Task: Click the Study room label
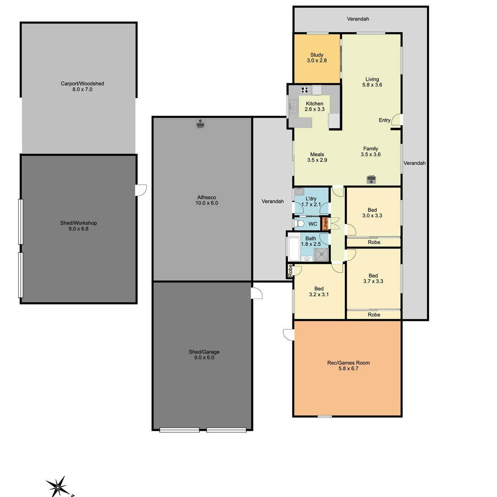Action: point(316,55)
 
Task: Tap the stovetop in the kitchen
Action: point(305,90)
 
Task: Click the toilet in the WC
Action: point(299,223)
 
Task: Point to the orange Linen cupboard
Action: point(325,224)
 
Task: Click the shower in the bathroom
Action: point(321,255)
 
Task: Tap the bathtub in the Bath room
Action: point(294,248)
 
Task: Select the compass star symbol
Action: point(58,487)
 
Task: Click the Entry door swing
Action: point(396,120)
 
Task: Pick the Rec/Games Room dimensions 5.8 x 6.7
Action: point(348,368)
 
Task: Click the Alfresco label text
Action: point(206,197)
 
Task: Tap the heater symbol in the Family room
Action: point(371,179)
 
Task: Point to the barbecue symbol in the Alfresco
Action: point(200,123)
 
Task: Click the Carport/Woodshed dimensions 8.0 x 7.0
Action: point(82,89)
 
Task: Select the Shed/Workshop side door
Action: point(141,190)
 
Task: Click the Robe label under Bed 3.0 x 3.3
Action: point(374,242)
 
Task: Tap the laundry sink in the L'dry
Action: point(299,191)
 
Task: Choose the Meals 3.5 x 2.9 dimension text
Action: point(317,160)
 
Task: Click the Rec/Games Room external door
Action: point(288,334)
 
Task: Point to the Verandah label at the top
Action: point(358,19)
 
